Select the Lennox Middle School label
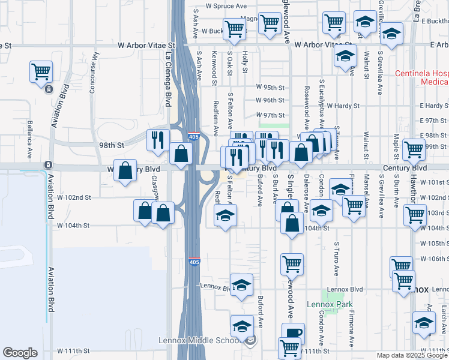200,340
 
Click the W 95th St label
269,86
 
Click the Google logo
20,353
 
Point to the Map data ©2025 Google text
412,355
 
